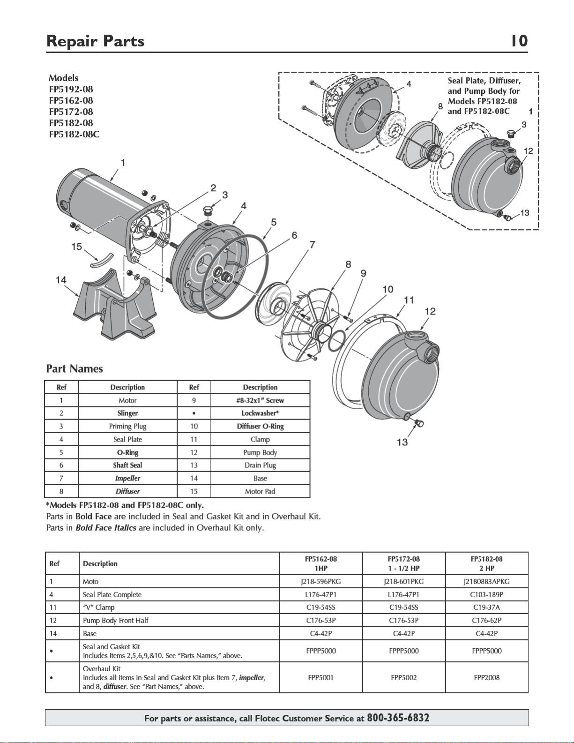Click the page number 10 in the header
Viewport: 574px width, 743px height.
[x=519, y=41]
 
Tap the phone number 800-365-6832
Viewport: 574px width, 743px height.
[x=398, y=717]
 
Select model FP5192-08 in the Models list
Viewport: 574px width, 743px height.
[x=71, y=89]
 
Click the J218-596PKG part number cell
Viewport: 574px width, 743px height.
[x=321, y=581]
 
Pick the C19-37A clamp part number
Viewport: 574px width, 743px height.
[x=486, y=607]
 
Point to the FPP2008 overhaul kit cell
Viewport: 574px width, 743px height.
[x=486, y=677]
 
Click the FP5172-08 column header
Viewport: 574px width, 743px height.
[x=403, y=559]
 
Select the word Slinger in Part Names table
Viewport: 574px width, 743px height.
[x=127, y=413]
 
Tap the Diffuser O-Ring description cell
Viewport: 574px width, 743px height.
[x=261, y=426]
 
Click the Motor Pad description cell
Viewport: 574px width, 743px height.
[x=260, y=491]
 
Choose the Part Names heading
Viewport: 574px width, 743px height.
[x=75, y=368]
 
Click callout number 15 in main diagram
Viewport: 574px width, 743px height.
[x=76, y=247]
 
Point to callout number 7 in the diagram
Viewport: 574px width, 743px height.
[x=312, y=245]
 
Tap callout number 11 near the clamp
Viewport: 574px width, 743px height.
[x=409, y=300]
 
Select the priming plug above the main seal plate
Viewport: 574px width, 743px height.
[x=207, y=210]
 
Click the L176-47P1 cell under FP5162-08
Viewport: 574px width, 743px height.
[x=321, y=594]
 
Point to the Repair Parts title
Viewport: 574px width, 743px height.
[x=95, y=41]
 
